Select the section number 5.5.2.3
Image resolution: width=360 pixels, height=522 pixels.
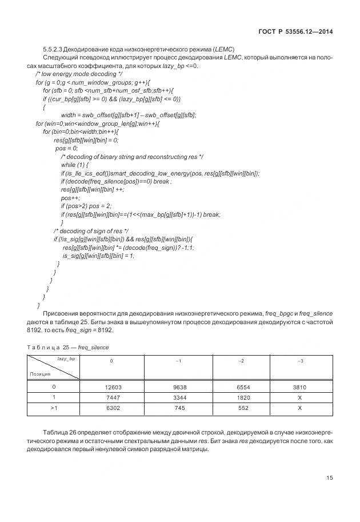(53, 49)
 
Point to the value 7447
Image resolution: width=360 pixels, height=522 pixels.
(111, 397)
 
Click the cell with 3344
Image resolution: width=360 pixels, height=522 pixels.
(178, 397)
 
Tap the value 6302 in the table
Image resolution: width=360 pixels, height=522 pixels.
(111, 408)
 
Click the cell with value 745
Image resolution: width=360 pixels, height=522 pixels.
(178, 408)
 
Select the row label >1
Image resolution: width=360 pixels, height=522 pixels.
(53, 408)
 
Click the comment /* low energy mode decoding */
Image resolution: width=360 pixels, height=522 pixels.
(78, 74)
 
